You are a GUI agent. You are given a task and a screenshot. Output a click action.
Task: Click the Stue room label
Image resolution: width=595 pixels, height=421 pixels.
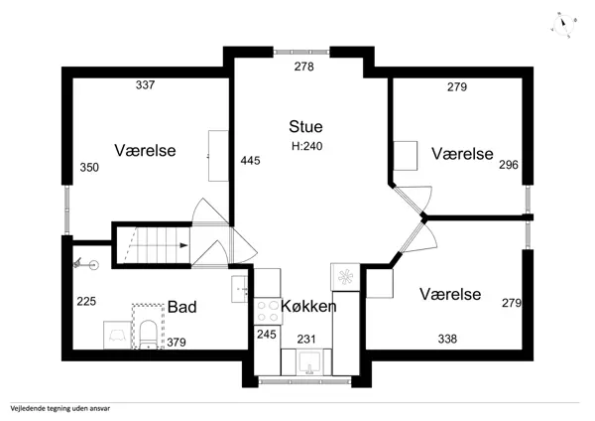tap(306, 126)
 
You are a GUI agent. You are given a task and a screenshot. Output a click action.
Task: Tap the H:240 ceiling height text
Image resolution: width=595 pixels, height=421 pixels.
tap(307, 146)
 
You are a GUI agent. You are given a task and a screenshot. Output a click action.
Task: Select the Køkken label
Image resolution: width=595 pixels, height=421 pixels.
tap(308, 306)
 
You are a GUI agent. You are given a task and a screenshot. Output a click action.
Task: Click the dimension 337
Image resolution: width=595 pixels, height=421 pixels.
tap(146, 86)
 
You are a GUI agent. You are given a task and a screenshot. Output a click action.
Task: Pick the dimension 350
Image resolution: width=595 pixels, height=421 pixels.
tap(89, 168)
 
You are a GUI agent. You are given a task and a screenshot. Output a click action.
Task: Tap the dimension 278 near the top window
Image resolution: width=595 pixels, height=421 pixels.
tap(303, 67)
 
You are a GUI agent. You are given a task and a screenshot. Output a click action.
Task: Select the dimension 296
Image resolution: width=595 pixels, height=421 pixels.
tap(510, 165)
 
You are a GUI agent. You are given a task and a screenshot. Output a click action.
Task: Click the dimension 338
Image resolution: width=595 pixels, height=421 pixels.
tap(449, 340)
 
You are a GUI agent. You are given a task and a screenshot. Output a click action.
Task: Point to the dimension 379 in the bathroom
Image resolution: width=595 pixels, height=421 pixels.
tap(176, 344)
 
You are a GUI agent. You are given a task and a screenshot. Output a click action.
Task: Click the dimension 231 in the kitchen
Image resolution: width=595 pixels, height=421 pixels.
tap(307, 340)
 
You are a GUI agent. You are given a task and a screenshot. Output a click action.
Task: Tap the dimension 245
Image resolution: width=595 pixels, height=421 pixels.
tap(266, 334)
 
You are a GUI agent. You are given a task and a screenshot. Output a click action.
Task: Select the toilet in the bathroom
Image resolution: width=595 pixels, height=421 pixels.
tap(147, 335)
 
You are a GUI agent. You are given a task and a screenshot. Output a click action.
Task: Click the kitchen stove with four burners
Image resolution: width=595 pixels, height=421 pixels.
tap(266, 309)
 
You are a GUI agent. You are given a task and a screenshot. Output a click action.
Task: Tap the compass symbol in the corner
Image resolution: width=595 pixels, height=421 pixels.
tap(564, 24)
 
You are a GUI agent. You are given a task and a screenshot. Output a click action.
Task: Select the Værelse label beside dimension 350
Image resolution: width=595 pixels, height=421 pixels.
tap(145, 151)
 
